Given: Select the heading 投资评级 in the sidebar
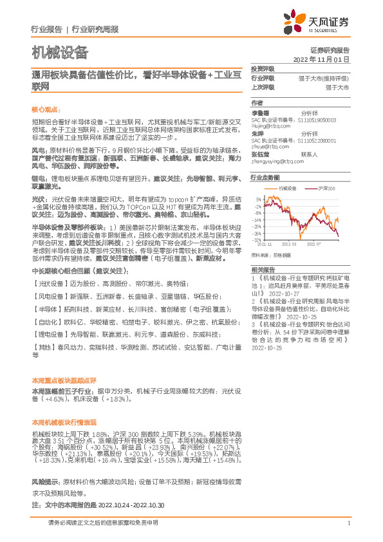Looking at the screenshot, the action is coord(262,68).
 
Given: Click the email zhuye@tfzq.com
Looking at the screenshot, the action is coord(268,147).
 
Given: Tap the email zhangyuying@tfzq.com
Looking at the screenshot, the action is coord(277,160).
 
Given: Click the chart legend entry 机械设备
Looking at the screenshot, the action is coord(288,187).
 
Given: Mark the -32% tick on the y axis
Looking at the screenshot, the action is coord(257,239).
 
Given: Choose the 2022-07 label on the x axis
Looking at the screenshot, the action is coord(315,245).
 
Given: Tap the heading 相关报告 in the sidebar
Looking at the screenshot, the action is coord(262,269).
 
